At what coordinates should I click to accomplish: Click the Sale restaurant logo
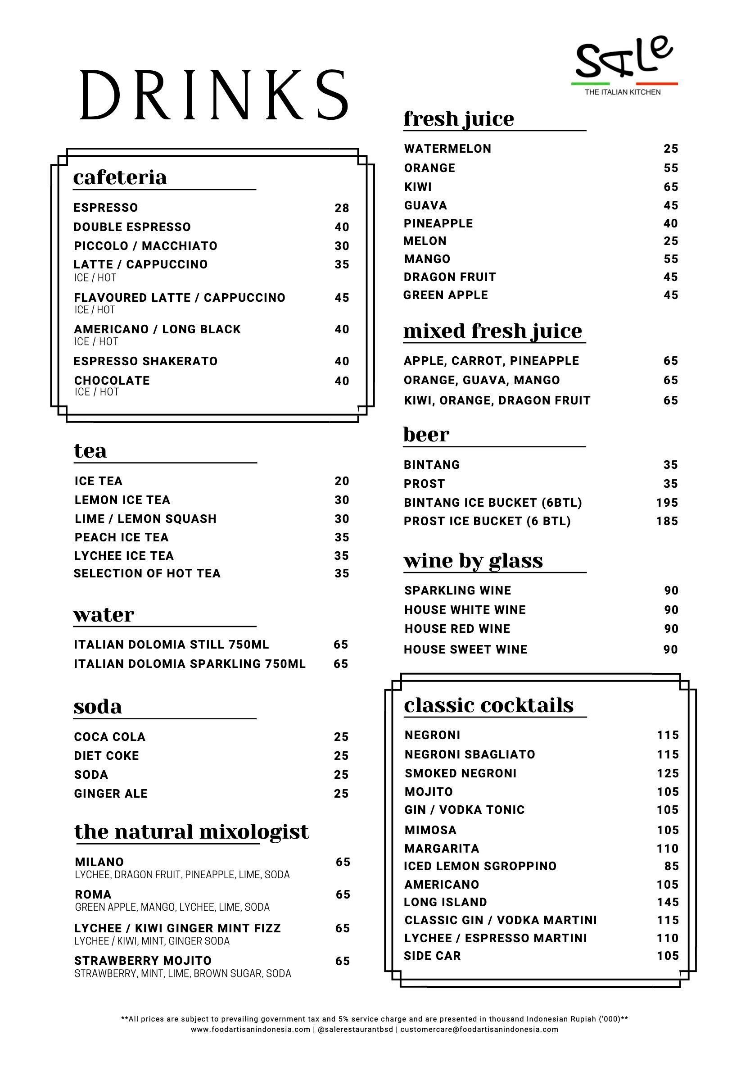coord(623,65)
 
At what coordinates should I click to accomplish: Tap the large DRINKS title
coord(214,95)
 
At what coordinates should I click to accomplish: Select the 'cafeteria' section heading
coord(120,177)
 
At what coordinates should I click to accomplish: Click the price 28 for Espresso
coord(341,208)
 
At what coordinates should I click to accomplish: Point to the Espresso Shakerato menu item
coord(145,361)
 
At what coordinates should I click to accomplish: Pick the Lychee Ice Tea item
coord(124,556)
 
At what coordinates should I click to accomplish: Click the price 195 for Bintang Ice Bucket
coord(667,503)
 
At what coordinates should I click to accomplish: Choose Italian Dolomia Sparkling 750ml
coord(190,663)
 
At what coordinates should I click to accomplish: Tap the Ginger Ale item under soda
coord(111,794)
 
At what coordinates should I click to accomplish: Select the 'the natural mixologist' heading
coord(191,832)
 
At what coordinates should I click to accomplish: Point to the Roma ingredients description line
coord(172,907)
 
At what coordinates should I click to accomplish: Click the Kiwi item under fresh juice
coord(417,187)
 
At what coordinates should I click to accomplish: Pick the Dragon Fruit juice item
coord(450,277)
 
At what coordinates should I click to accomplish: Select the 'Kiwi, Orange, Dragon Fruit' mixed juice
coord(497,400)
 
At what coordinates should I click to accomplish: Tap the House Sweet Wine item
coord(465,649)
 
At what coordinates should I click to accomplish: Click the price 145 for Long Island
coord(667,902)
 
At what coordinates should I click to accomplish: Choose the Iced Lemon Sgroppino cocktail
coord(480,866)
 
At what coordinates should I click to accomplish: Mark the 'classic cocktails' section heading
coord(488,705)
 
